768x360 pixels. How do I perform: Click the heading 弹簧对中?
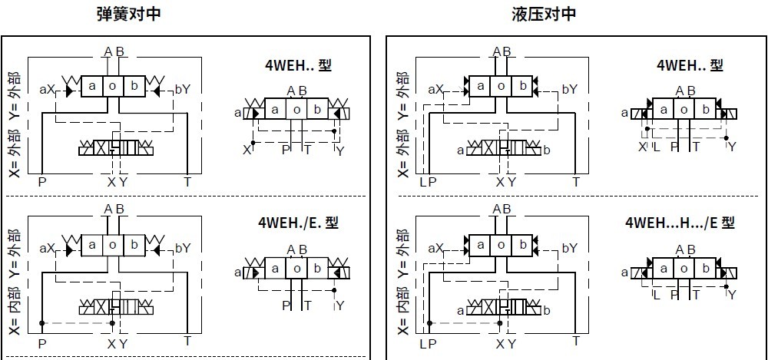129,14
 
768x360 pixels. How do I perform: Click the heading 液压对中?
544,14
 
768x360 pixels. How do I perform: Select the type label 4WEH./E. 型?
298,223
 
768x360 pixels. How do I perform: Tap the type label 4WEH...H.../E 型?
680,223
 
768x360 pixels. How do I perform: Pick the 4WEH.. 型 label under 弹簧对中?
298,65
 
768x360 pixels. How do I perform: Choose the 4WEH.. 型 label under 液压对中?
690,65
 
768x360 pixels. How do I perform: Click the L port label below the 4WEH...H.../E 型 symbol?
655,295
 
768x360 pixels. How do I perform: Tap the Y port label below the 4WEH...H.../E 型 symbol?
732,295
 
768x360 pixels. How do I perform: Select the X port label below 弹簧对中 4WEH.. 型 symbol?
247,149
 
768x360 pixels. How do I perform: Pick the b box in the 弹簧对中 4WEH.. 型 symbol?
316,112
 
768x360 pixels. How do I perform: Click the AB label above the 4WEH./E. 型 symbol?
296,249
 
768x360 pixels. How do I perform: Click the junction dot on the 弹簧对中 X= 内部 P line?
42,322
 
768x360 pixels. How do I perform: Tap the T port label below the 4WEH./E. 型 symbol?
308,306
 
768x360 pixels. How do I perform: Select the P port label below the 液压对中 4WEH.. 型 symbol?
675,147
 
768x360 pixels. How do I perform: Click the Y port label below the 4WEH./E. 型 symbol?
339,306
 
